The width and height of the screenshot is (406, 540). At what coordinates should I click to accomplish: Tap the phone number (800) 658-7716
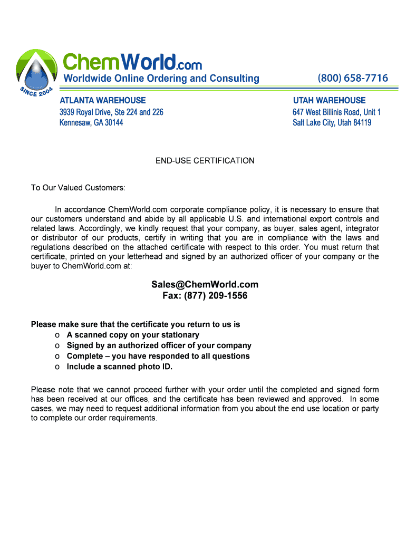coord(353,79)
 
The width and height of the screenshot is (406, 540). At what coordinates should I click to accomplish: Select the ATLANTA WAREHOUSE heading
coord(103,100)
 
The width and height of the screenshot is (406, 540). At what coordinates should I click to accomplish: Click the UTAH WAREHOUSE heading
coord(329,100)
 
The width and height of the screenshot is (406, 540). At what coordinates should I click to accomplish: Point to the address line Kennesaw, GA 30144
coord(91,122)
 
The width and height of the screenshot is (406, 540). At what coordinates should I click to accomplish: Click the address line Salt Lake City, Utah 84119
coord(332,122)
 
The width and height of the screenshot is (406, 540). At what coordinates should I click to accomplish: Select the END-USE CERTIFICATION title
coord(205,161)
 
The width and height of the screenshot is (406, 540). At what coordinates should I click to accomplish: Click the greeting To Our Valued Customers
coord(78,188)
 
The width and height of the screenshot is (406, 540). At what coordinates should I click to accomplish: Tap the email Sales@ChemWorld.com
coord(205,285)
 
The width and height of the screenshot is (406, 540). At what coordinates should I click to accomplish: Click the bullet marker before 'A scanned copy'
coord(57,335)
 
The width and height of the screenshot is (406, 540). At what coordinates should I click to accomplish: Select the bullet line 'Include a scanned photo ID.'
coord(119,367)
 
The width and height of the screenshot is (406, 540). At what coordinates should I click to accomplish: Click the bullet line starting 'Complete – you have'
coord(158,356)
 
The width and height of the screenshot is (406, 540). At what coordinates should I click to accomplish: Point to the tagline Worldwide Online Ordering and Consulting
coord(161,79)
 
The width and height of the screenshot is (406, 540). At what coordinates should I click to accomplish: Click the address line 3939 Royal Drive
coord(111,112)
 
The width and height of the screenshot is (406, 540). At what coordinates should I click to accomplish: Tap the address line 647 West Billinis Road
coord(336,112)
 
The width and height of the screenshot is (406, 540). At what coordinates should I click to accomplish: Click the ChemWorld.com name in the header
coord(132,62)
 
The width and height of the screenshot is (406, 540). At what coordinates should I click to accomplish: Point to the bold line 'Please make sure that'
coord(136,325)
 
